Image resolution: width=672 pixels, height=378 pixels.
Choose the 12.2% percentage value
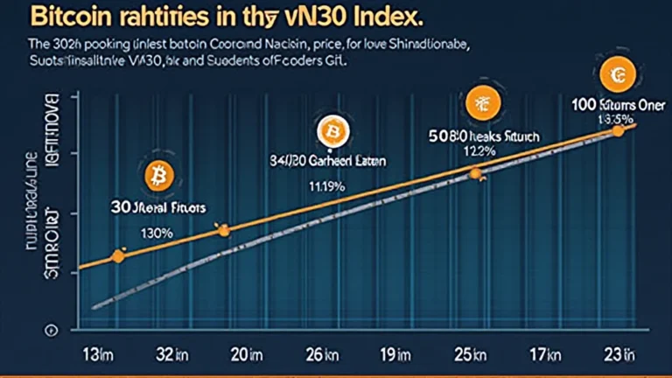point(479,150)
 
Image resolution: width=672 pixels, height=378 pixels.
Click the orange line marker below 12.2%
point(476,173)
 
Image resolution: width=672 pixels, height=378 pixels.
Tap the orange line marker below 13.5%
point(619,130)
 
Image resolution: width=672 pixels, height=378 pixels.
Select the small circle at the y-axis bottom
point(51,331)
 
